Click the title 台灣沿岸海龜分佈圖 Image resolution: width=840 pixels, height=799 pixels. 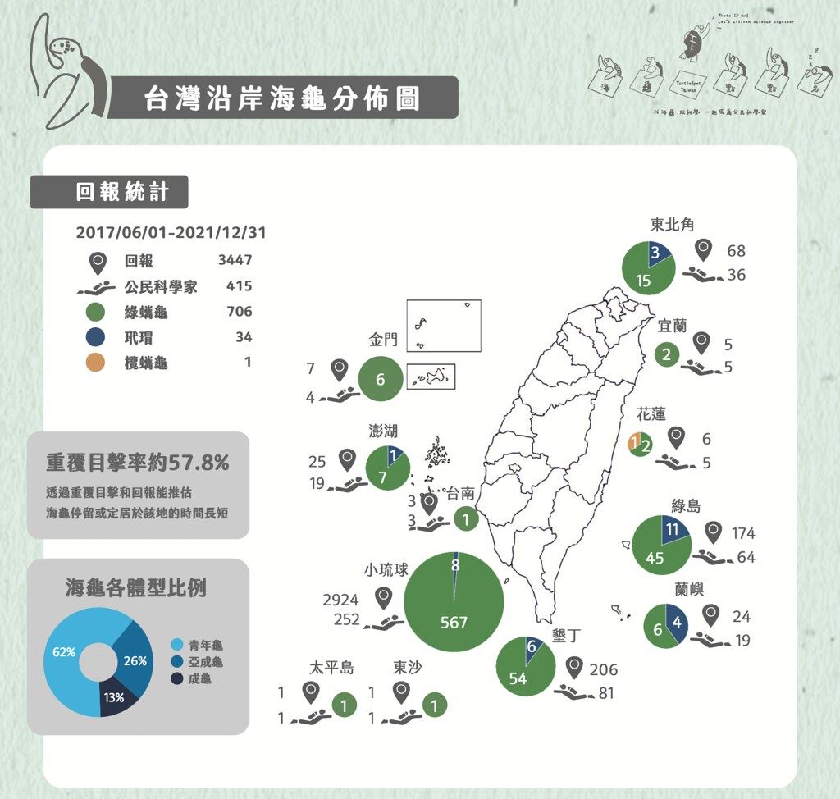[x=281, y=98]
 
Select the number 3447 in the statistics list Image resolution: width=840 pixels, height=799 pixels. [x=235, y=261]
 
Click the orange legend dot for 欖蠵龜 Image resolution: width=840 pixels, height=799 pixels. [x=97, y=362]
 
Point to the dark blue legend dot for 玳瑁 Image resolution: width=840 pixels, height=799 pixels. [x=97, y=337]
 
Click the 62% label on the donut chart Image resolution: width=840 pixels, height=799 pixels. [x=64, y=652]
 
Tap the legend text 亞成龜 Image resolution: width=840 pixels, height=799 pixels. [x=205, y=661]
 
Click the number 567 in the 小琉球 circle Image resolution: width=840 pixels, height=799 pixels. [x=454, y=623]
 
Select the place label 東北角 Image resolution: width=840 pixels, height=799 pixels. [x=673, y=225]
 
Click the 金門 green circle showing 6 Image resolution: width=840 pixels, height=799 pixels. [x=380, y=379]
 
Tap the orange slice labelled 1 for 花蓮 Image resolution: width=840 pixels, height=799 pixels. [x=633, y=444]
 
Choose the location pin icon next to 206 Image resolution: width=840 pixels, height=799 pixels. [x=573, y=668]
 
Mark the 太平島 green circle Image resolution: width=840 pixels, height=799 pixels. [x=344, y=705]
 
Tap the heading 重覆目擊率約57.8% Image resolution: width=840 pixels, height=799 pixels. [x=137, y=463]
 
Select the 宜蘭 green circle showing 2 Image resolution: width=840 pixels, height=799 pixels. [x=667, y=354]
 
